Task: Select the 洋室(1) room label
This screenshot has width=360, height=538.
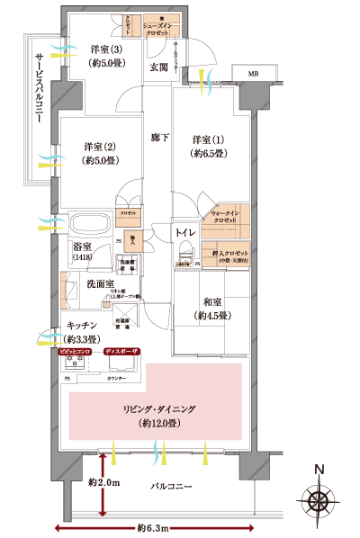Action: pos(210,147)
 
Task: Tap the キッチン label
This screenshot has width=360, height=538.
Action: pos(82,333)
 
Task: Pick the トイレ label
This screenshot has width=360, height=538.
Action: pos(187,232)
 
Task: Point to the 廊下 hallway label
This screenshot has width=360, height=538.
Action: pos(160,137)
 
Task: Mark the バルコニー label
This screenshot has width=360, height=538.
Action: pos(169,486)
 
